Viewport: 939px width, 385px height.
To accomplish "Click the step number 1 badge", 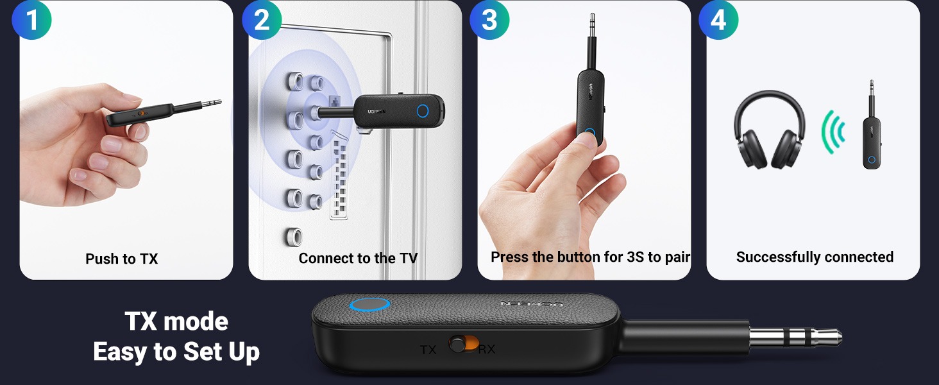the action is pos(31,20).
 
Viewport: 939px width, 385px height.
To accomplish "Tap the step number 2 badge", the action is pos(262,20).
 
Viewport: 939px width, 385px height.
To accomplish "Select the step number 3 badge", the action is pos(489,20).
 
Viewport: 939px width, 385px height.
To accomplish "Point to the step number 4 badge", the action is pos(718,20).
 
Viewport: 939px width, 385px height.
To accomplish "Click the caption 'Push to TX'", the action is pos(122,259).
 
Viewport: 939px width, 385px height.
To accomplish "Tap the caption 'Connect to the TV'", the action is pos(358,258).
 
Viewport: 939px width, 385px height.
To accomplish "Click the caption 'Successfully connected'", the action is pos(815,257).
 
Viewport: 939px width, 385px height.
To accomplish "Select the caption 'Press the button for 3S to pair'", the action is pos(590,257).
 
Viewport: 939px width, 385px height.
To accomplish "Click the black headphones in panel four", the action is pos(769,130).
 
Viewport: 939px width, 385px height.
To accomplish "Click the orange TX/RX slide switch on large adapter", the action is pos(464,344).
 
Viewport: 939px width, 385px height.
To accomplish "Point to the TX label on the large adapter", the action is pos(428,349).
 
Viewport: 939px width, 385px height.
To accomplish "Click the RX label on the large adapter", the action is pos(486,349).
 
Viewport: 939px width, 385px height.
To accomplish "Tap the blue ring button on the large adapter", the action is pos(369,305).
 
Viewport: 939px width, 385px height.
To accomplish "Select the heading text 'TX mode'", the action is pos(176,321).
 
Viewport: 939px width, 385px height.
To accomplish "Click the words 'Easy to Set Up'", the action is pos(176,352).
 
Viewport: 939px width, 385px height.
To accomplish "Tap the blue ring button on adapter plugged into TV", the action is pos(423,111).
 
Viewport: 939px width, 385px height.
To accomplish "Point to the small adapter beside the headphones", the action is pos(872,126).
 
